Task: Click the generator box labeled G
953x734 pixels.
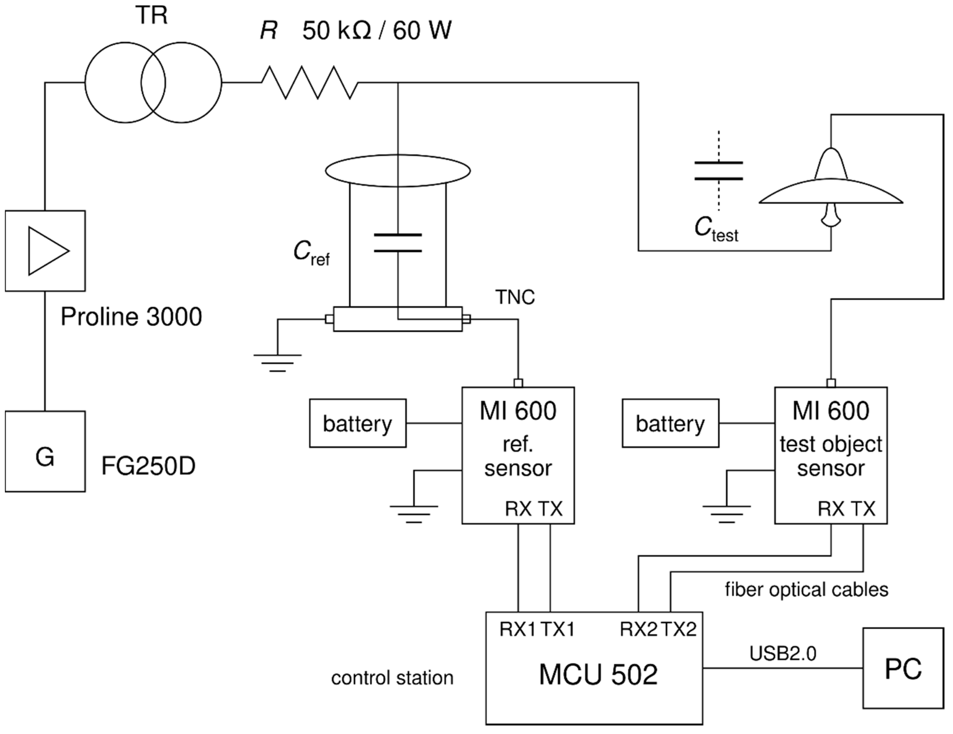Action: [45, 451]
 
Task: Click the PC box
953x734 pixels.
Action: [903, 668]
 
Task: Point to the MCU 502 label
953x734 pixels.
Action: [598, 675]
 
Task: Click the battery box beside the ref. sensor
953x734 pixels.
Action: [357, 423]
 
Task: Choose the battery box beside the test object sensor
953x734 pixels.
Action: [670, 423]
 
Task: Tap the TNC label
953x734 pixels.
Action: [515, 298]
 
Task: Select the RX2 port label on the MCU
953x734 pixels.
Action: [638, 629]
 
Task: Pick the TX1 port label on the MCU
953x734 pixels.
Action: [558, 629]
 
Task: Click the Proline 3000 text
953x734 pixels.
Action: [131, 316]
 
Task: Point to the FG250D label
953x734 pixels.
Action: [148, 466]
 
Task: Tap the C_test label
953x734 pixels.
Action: [716, 229]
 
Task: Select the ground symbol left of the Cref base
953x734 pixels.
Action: [277, 362]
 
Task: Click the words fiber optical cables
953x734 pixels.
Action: [806, 590]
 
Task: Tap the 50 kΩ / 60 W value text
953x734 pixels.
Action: [377, 30]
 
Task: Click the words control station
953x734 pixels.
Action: [392, 678]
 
